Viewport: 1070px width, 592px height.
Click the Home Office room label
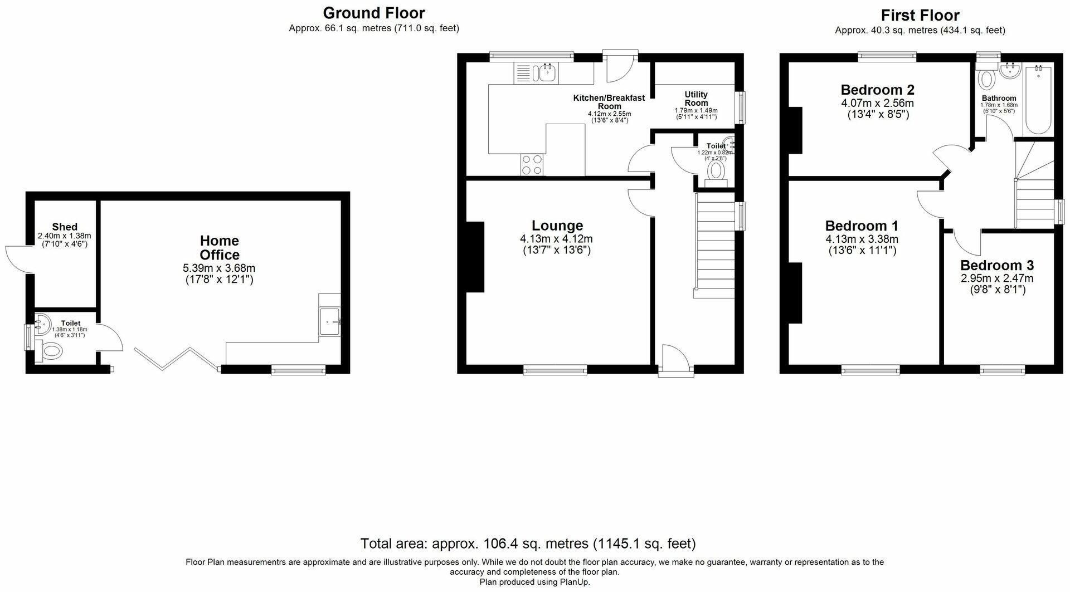click(220, 248)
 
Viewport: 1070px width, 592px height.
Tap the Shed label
click(65, 227)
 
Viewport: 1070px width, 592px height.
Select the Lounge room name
click(557, 226)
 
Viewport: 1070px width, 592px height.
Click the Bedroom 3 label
click(997, 265)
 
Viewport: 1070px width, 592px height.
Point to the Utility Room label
click(696, 99)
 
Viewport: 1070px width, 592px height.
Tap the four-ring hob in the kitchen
click(533, 165)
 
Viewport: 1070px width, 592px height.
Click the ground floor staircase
click(715, 245)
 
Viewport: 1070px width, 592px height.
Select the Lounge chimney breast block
click(475, 257)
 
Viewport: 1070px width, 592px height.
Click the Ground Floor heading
click(374, 13)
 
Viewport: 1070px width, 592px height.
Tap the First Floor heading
click(920, 15)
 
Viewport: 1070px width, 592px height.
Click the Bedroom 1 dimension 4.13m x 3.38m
click(862, 239)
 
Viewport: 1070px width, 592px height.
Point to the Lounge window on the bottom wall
click(555, 369)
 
